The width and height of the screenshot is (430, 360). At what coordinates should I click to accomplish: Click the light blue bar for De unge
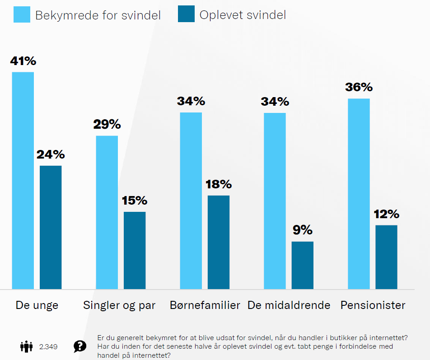23,180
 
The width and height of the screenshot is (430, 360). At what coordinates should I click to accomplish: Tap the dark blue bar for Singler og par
135,250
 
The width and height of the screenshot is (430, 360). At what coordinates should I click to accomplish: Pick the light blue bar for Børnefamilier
191,201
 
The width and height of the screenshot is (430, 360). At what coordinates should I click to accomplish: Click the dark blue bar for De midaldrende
303,265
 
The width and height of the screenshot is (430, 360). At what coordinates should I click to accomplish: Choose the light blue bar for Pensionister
359,194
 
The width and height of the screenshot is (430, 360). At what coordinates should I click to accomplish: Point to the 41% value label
23,61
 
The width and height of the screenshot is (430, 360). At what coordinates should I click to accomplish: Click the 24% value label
51,155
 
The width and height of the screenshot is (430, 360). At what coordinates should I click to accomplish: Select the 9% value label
303,230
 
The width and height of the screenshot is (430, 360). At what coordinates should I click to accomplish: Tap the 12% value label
387,214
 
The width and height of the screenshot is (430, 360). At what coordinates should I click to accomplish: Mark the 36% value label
359,88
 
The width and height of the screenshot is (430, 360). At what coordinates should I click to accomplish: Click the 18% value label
219,184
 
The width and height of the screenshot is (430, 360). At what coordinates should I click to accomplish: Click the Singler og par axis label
119,305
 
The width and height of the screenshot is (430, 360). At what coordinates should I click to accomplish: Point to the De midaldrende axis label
289,305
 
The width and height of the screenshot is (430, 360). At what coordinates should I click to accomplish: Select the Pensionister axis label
373,305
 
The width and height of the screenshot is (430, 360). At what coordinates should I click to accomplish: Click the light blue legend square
21,15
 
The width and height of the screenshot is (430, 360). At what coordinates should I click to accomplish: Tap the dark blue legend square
186,15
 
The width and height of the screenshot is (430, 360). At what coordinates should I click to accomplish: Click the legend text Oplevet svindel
243,15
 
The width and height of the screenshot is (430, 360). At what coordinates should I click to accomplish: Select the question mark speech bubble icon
80,346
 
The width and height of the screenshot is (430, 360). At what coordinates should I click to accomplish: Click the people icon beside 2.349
27,346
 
